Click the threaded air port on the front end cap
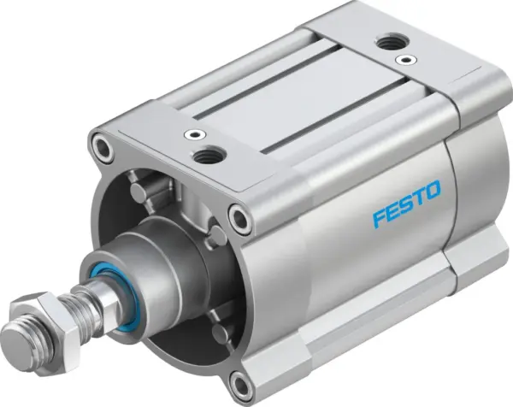[x=208, y=155]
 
